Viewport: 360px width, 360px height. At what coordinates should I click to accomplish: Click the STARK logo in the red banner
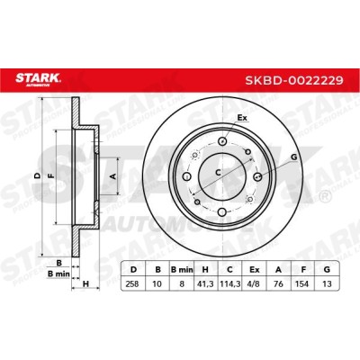38,79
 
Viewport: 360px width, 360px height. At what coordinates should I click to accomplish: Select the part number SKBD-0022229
294,80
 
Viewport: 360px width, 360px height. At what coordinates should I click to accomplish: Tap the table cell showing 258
132,283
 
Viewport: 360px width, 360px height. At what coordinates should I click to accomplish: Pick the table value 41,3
205,283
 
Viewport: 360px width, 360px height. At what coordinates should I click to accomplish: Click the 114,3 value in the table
229,283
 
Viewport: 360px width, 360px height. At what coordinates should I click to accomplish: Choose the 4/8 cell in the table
255,283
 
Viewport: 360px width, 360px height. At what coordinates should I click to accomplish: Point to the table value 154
301,283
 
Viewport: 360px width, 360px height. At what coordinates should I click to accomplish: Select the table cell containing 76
279,283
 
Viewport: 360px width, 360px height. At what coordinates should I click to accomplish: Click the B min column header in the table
182,270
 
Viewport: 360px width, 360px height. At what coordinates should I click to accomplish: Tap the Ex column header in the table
255,270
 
